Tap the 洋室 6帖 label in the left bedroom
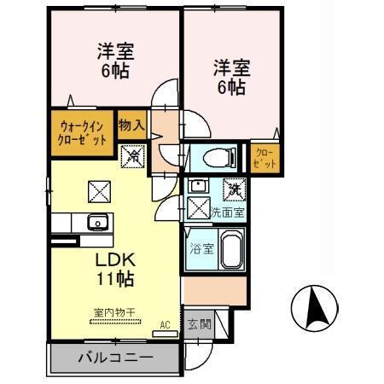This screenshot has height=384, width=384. (x=115, y=62)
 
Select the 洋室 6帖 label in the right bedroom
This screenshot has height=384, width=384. (x=230, y=77)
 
